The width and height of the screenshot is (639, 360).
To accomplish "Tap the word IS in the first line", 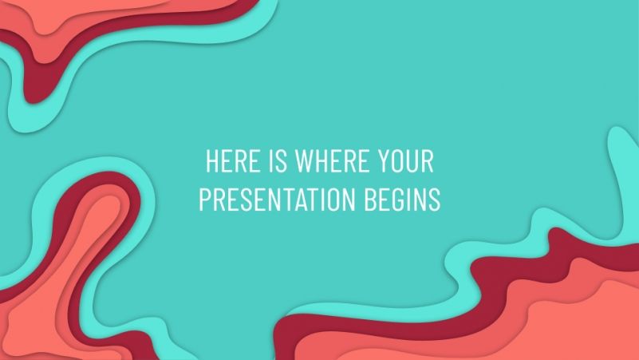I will [276, 162].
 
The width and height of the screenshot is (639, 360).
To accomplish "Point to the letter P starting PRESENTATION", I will [204, 200].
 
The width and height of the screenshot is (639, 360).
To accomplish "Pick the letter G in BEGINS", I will [404, 200].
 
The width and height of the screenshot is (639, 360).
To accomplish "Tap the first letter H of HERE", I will [211, 162].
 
